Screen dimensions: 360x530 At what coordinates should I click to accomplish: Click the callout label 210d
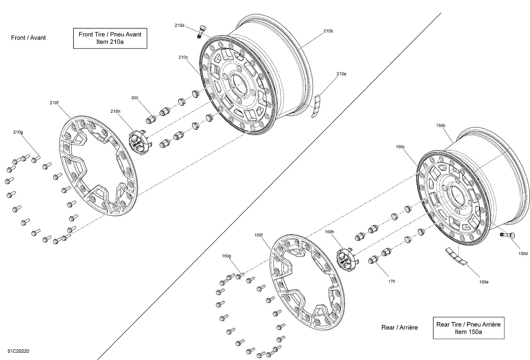pos(179,25)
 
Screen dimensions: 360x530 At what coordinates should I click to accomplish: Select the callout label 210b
pos(328,31)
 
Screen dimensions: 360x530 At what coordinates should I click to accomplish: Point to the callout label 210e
pos(341,74)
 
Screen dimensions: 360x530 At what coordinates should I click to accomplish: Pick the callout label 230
pos(135,98)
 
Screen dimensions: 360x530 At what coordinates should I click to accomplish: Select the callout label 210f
pos(54,103)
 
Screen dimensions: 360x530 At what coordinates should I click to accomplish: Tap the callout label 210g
pos(18,132)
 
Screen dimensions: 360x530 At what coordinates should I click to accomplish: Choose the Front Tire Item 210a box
pos(110,38)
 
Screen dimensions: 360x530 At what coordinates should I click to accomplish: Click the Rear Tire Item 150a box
pos(468,328)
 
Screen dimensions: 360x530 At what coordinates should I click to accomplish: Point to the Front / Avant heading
pos(29,37)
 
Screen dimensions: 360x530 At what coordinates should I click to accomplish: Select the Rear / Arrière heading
pos(399,327)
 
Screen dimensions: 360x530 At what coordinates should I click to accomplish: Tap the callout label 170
pos(391,281)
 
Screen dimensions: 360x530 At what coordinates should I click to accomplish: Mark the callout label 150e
pos(484,282)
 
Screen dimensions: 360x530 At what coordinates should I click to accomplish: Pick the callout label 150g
pos(226,256)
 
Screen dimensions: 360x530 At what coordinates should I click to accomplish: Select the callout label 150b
pos(441,126)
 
